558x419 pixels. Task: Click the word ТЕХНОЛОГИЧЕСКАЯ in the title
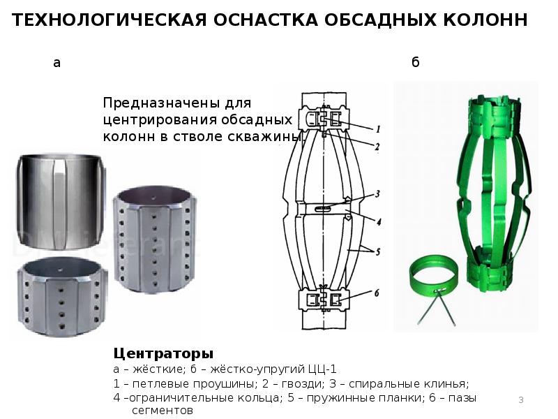pyautogui.click(x=110, y=20)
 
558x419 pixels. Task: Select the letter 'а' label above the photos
pyautogui.click(x=57, y=63)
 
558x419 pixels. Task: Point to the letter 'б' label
pyautogui.click(x=415, y=62)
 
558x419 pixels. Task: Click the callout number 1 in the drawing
pyautogui.click(x=378, y=129)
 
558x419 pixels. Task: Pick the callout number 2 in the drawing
pyautogui.click(x=377, y=147)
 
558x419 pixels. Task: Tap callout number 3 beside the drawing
pyautogui.click(x=377, y=194)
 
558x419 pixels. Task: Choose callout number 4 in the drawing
pyautogui.click(x=379, y=222)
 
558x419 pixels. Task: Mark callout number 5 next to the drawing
pyautogui.click(x=378, y=252)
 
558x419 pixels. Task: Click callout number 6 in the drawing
pyautogui.click(x=377, y=293)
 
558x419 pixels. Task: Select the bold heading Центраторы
pyautogui.click(x=163, y=354)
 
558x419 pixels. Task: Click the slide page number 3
pyautogui.click(x=521, y=399)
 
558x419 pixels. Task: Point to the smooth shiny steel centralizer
pyautogui.click(x=61, y=202)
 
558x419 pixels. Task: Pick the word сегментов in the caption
pyautogui.click(x=163, y=411)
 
